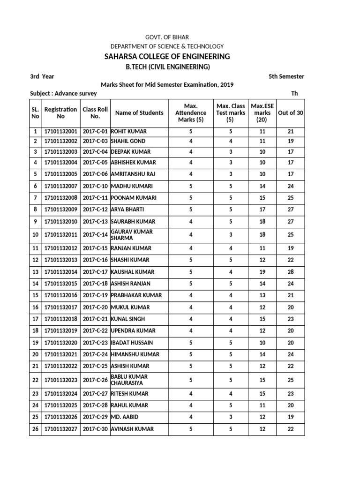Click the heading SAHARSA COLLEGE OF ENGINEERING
point(167,57)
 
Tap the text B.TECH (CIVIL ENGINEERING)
point(167,67)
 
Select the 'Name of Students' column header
point(139,112)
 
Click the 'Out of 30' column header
point(290,112)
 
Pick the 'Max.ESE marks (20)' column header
point(262,113)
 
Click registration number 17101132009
point(60,210)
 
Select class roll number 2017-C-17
point(95,272)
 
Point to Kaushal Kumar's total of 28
point(290,272)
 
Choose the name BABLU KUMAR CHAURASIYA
point(129,380)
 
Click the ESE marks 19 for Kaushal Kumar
point(262,272)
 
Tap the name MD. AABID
point(125,417)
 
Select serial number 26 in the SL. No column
point(35,429)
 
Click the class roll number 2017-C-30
point(95,429)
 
